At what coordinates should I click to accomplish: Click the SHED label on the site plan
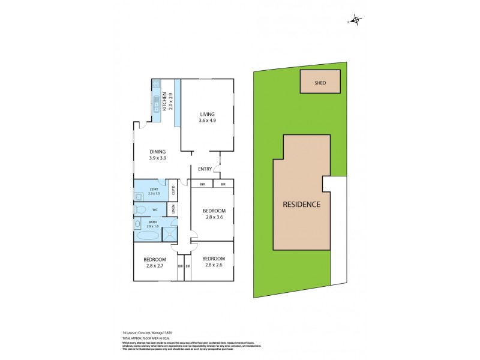320,83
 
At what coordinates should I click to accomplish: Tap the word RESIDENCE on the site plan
302,204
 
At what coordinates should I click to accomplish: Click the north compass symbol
356,21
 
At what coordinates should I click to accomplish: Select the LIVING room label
207,114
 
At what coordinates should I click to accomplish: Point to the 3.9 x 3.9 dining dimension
158,158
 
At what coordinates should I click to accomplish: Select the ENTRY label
205,169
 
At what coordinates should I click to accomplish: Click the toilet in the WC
140,210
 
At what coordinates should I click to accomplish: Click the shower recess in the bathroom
170,234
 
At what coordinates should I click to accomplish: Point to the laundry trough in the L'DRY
139,195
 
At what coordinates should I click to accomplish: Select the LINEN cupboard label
173,209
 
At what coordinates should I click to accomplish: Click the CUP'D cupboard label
173,191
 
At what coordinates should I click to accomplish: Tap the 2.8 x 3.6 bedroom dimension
214,217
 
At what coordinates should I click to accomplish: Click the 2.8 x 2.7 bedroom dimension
155,265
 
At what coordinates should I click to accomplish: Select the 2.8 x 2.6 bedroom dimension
214,265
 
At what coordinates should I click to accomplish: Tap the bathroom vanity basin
137,224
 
